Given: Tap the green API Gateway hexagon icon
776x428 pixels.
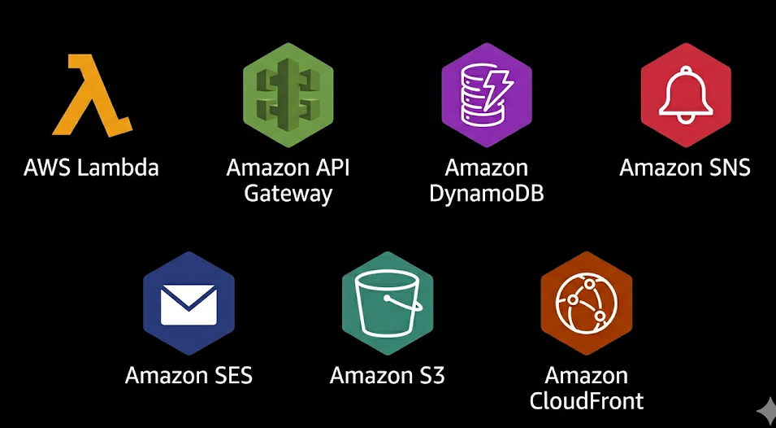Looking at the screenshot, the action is tap(288, 94).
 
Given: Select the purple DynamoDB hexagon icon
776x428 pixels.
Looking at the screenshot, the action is tap(487, 94).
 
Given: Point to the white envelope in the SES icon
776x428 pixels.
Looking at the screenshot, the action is tap(189, 304).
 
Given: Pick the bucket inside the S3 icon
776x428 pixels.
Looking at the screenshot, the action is tap(388, 303).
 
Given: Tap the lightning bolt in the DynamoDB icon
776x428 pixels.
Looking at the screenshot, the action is tap(496, 90).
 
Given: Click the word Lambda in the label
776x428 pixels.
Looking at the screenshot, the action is tap(119, 168).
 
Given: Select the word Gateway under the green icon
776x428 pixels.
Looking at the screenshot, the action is tap(288, 194).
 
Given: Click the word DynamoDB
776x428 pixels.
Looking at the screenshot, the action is tap(487, 194).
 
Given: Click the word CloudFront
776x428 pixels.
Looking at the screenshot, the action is tap(587, 401).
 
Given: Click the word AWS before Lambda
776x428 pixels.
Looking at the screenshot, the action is tap(48, 168).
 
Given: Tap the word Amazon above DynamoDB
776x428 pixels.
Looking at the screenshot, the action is tap(487, 168).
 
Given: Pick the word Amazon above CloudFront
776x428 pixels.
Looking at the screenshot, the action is tap(587, 375).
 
